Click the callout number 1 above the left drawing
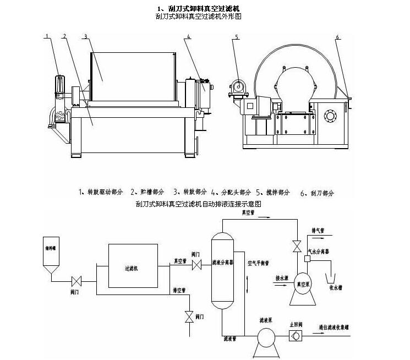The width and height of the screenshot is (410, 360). point(47,36)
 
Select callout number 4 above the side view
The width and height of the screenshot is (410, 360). point(188,36)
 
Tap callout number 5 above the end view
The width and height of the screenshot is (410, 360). point(236,37)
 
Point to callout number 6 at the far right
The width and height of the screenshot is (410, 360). point(337,37)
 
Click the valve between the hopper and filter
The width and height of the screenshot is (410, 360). point(78,280)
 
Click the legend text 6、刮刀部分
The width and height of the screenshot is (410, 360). point(318,193)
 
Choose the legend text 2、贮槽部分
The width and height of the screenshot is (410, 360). point(147,192)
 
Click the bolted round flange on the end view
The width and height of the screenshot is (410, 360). point(330,117)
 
